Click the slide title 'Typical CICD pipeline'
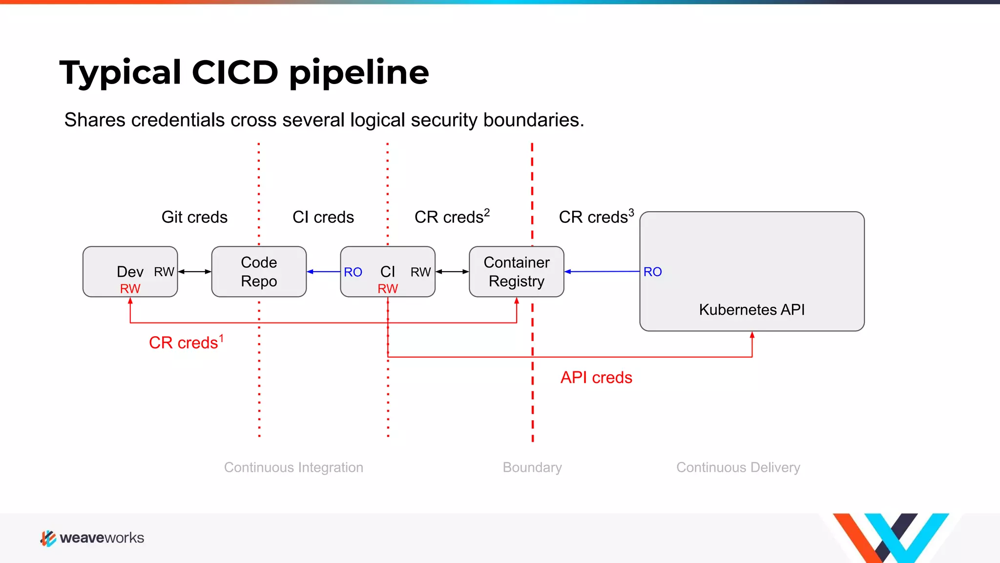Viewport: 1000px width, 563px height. click(244, 72)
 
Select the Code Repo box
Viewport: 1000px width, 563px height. click(259, 272)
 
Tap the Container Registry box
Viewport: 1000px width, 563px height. click(516, 272)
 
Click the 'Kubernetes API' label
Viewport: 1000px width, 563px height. click(751, 310)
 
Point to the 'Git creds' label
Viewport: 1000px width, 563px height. click(194, 217)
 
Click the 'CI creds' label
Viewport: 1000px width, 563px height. click(323, 217)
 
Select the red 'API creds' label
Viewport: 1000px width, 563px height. click(596, 378)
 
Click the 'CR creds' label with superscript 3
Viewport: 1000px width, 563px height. click(596, 217)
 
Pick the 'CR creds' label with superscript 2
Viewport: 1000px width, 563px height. click(452, 217)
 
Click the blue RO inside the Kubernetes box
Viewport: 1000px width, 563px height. click(652, 272)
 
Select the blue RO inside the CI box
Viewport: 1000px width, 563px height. click(353, 272)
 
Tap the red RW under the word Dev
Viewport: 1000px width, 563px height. click(130, 289)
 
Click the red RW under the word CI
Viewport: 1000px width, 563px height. click(388, 289)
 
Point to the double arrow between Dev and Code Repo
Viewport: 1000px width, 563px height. click(194, 272)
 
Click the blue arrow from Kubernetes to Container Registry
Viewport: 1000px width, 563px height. click(602, 271)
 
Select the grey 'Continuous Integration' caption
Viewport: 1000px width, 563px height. click(293, 468)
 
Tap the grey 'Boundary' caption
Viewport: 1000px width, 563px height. click(532, 468)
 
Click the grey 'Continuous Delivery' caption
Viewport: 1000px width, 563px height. click(738, 468)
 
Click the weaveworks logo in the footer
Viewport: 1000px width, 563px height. click(92, 538)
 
